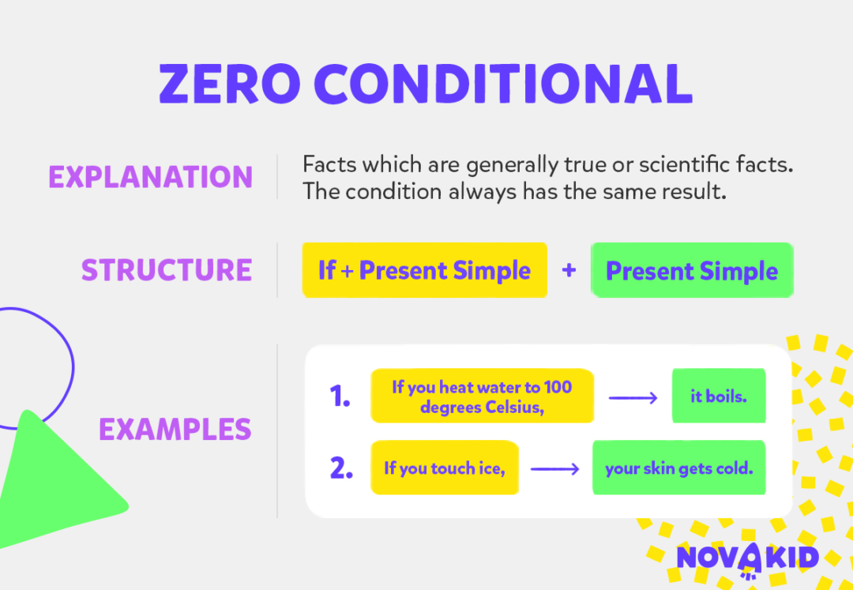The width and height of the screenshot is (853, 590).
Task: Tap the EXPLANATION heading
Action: pos(150,177)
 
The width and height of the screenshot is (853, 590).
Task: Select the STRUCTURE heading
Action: pos(166,270)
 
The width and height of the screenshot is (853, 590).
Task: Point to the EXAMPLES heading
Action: pos(175,430)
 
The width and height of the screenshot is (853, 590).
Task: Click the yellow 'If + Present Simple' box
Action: pos(424,270)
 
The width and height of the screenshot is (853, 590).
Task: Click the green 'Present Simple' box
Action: pos(691,271)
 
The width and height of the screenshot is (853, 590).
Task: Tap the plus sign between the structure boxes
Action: pos(569,270)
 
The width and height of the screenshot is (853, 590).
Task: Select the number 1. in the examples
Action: pos(340,396)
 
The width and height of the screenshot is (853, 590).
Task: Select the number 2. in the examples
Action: pos(341,468)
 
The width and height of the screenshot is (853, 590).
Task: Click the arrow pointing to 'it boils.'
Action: pos(633,397)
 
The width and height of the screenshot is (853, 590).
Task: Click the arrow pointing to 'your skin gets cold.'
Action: pos(555,469)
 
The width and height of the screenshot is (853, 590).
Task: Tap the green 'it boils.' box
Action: pos(718,396)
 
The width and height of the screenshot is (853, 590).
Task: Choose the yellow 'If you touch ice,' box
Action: pos(444,468)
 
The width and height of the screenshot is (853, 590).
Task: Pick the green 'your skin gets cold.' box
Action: pos(678,468)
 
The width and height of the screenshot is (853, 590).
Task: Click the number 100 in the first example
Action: pos(557,387)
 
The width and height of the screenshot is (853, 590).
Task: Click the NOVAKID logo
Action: pos(747,558)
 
